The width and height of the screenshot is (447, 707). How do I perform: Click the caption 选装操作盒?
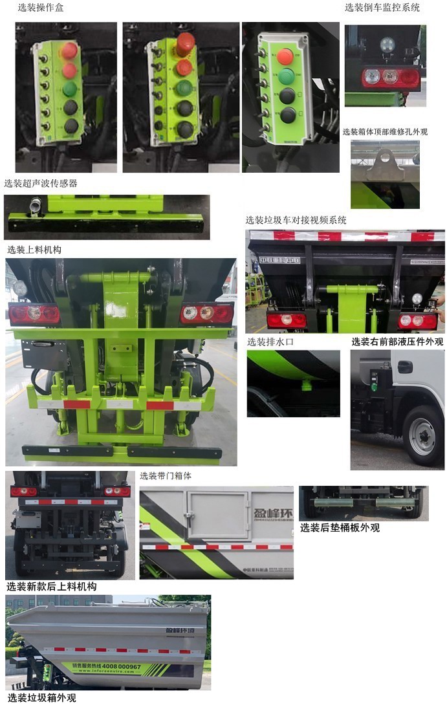tap(40, 8)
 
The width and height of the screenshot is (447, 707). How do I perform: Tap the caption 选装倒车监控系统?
tap(382, 8)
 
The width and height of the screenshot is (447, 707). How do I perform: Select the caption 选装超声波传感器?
tap(40, 184)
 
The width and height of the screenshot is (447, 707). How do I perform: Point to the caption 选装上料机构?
tap(34, 249)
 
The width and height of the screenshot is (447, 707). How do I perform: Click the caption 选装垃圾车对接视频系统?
tap(296, 221)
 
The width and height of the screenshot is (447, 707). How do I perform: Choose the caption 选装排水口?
tap(270, 342)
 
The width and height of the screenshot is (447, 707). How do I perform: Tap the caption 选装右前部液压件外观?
tap(397, 342)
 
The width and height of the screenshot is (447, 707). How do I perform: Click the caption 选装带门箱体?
tap(165, 476)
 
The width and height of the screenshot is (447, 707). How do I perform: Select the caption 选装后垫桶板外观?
tap(340, 528)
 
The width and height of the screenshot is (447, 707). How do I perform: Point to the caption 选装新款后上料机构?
tap(51, 587)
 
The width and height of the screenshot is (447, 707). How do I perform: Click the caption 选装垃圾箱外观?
tap(41, 698)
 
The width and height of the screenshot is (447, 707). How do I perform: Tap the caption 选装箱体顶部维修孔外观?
tap(385, 132)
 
